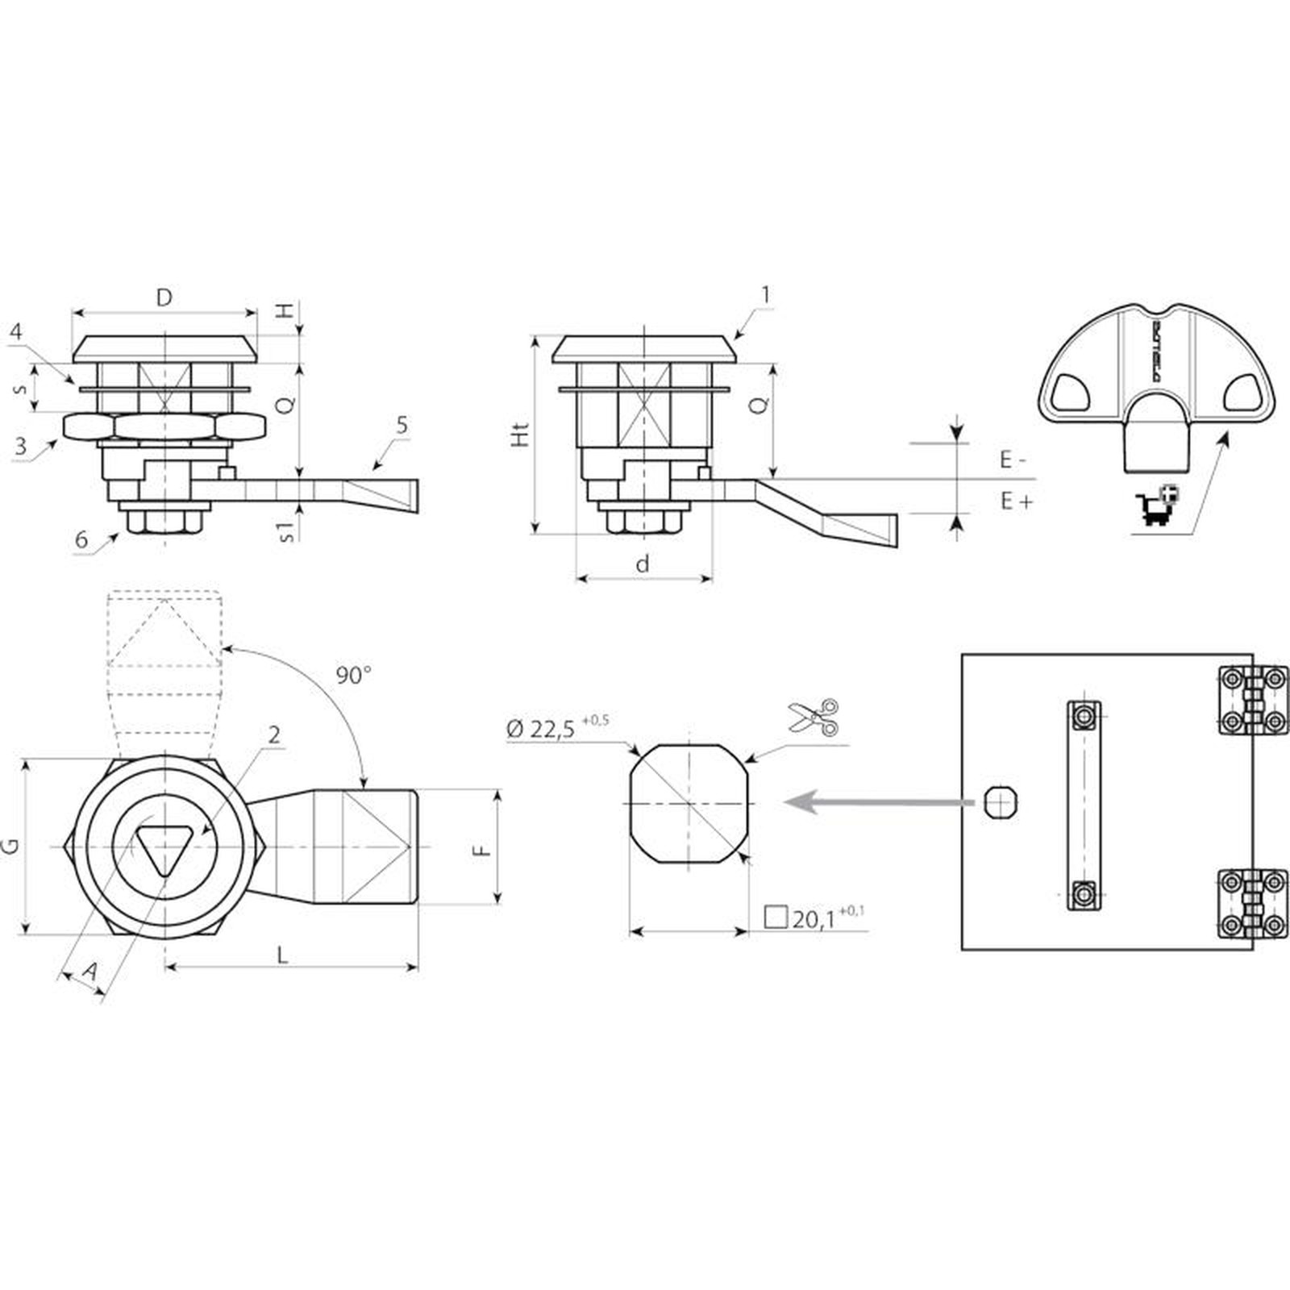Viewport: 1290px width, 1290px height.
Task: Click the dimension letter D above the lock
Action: click(x=164, y=298)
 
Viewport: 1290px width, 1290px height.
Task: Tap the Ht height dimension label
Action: click(x=522, y=435)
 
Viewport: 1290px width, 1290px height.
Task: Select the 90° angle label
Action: click(x=353, y=676)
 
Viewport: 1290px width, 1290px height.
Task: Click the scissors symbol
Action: click(x=813, y=717)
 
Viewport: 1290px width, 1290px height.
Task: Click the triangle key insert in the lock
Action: click(x=162, y=847)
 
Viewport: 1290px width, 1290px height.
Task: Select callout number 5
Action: click(x=402, y=425)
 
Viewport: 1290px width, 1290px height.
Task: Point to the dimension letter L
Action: click(x=282, y=955)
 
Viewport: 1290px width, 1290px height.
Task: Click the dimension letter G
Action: click(x=11, y=846)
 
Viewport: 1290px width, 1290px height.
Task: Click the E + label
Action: click(x=1016, y=501)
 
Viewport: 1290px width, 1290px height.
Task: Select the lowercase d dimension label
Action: click(x=642, y=564)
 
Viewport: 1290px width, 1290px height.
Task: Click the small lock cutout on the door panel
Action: click(x=1001, y=802)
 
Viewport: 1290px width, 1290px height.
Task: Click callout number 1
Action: click(x=766, y=295)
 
